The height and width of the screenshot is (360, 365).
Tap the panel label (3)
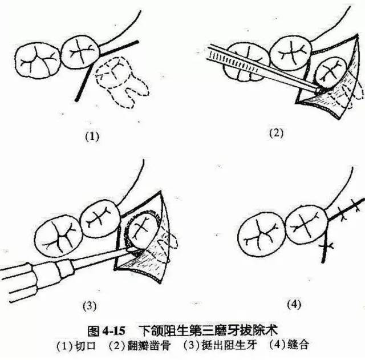point(90,306)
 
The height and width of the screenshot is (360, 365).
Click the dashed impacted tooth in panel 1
point(122,80)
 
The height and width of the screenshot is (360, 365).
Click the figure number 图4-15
point(106,331)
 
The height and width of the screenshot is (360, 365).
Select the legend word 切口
point(92,346)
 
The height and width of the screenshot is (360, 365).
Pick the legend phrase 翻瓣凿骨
point(151,346)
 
